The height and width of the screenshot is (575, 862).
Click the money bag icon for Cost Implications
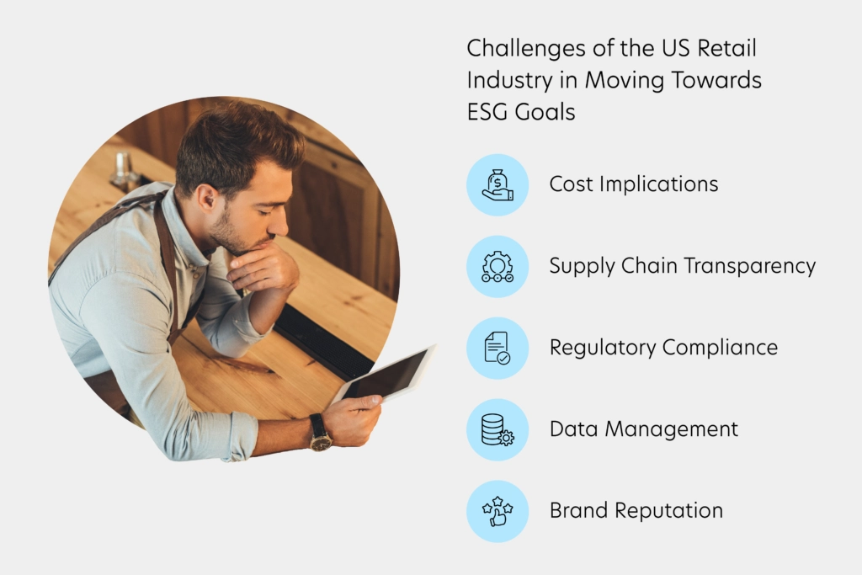click(x=498, y=184)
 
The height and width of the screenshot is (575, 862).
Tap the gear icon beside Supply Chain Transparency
click(x=498, y=267)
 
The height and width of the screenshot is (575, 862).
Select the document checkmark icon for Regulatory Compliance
click(x=498, y=348)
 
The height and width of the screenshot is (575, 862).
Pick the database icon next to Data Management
click(x=498, y=430)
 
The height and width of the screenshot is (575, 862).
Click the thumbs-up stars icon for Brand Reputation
click(x=498, y=511)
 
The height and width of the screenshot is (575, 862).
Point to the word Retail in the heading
click(x=726, y=48)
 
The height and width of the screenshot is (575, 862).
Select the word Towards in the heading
click(x=716, y=80)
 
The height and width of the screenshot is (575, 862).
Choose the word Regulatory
click(x=603, y=349)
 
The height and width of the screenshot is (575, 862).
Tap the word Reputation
click(x=668, y=511)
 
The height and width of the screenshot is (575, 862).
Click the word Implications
click(x=658, y=184)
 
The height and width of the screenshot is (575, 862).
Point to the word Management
click(x=671, y=430)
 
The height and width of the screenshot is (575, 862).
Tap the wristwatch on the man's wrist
click(x=320, y=432)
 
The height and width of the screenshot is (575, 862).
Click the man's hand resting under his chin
click(x=263, y=268)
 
